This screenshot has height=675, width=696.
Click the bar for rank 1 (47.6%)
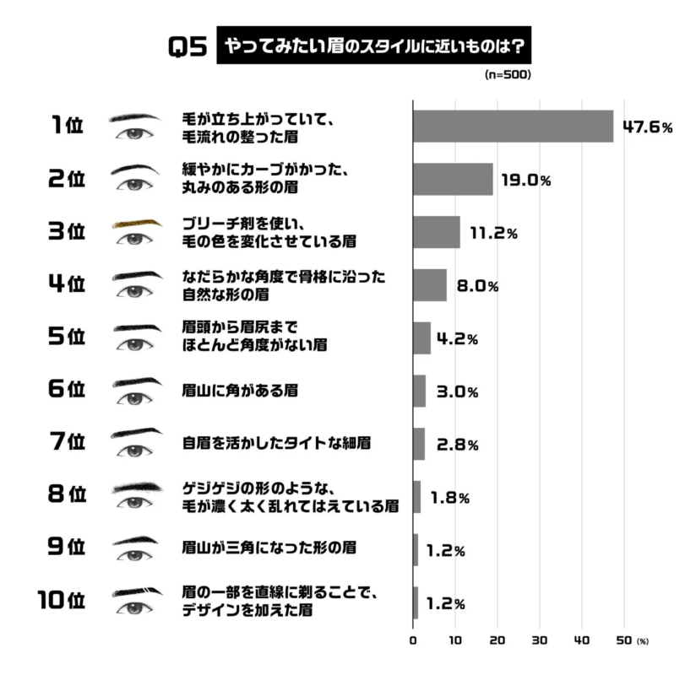click(x=512, y=127)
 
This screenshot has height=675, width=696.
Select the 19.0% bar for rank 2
click(x=452, y=180)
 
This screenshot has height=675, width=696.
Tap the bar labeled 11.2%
click(x=436, y=232)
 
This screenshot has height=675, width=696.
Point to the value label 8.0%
click(x=477, y=286)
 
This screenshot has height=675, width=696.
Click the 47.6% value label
click(x=647, y=127)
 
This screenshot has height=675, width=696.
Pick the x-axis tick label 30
click(x=539, y=640)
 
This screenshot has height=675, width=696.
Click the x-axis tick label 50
click(x=623, y=640)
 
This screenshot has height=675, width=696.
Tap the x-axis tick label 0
click(x=413, y=640)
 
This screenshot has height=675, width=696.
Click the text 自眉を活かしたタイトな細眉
click(x=277, y=442)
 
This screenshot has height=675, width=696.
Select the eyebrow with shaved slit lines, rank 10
click(x=136, y=591)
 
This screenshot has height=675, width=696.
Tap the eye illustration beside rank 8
click(x=135, y=504)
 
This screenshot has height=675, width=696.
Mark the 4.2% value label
click(x=457, y=339)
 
